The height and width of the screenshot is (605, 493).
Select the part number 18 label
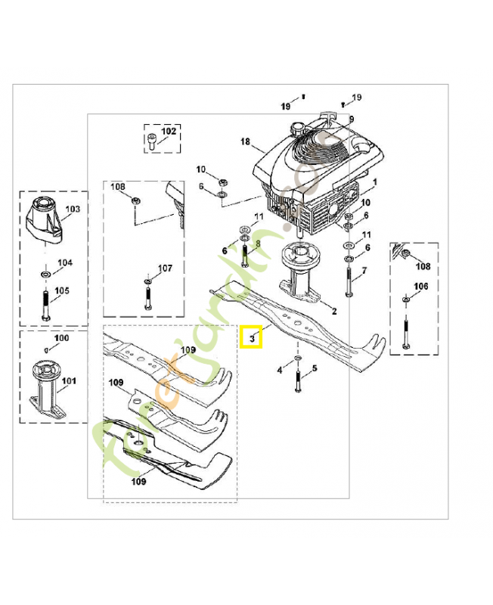pyautogui.click(x=244, y=141)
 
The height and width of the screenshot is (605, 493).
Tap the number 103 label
pyautogui.click(x=73, y=208)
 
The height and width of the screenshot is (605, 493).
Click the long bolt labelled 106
pyautogui.click(x=407, y=328)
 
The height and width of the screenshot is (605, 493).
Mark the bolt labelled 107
pyautogui.click(x=147, y=296)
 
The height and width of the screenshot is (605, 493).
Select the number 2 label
pyautogui.click(x=334, y=311)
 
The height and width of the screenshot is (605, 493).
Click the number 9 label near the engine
pyautogui.click(x=351, y=119)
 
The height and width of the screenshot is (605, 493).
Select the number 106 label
pyautogui.click(x=422, y=286)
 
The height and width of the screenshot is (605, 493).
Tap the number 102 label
pyautogui.click(x=168, y=132)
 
